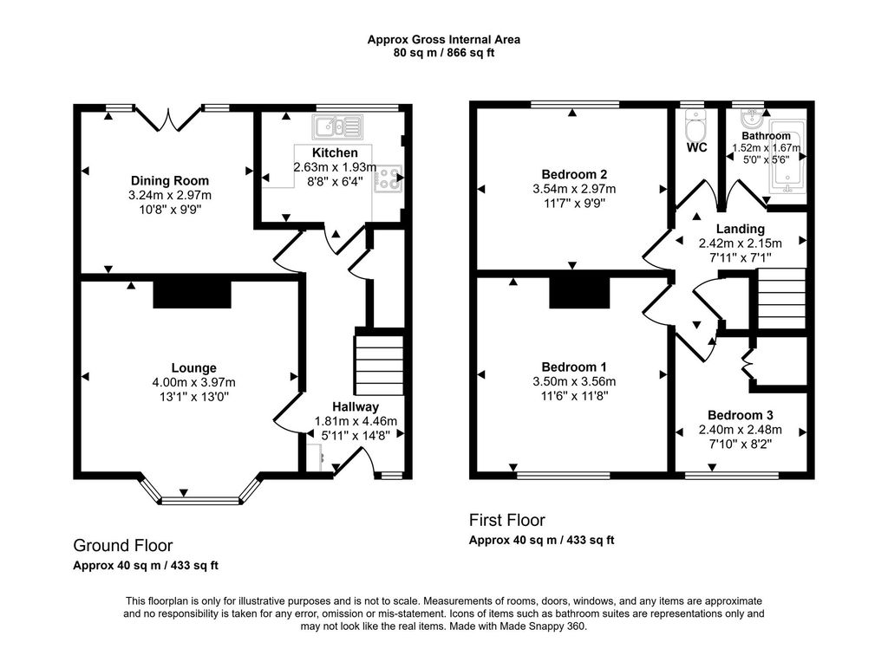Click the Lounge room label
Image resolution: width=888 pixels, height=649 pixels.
[x=193, y=367]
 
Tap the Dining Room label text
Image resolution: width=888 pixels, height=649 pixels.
[x=168, y=181]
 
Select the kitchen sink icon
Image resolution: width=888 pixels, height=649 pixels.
[x=338, y=128]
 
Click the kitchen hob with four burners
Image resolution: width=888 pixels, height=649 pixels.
[x=386, y=178]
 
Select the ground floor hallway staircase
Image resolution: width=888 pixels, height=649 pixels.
[x=378, y=365]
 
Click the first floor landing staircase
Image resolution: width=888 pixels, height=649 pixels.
[x=781, y=299]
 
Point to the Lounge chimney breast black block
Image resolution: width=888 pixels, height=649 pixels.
[x=193, y=294]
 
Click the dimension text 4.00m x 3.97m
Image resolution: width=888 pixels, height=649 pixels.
[x=193, y=382]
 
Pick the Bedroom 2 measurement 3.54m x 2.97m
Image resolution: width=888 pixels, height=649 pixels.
[x=574, y=189]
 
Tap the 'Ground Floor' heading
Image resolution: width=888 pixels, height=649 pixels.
[x=122, y=545]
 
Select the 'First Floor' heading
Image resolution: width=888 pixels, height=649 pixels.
[x=507, y=520]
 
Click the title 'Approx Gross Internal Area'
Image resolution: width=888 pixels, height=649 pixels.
[x=443, y=39]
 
